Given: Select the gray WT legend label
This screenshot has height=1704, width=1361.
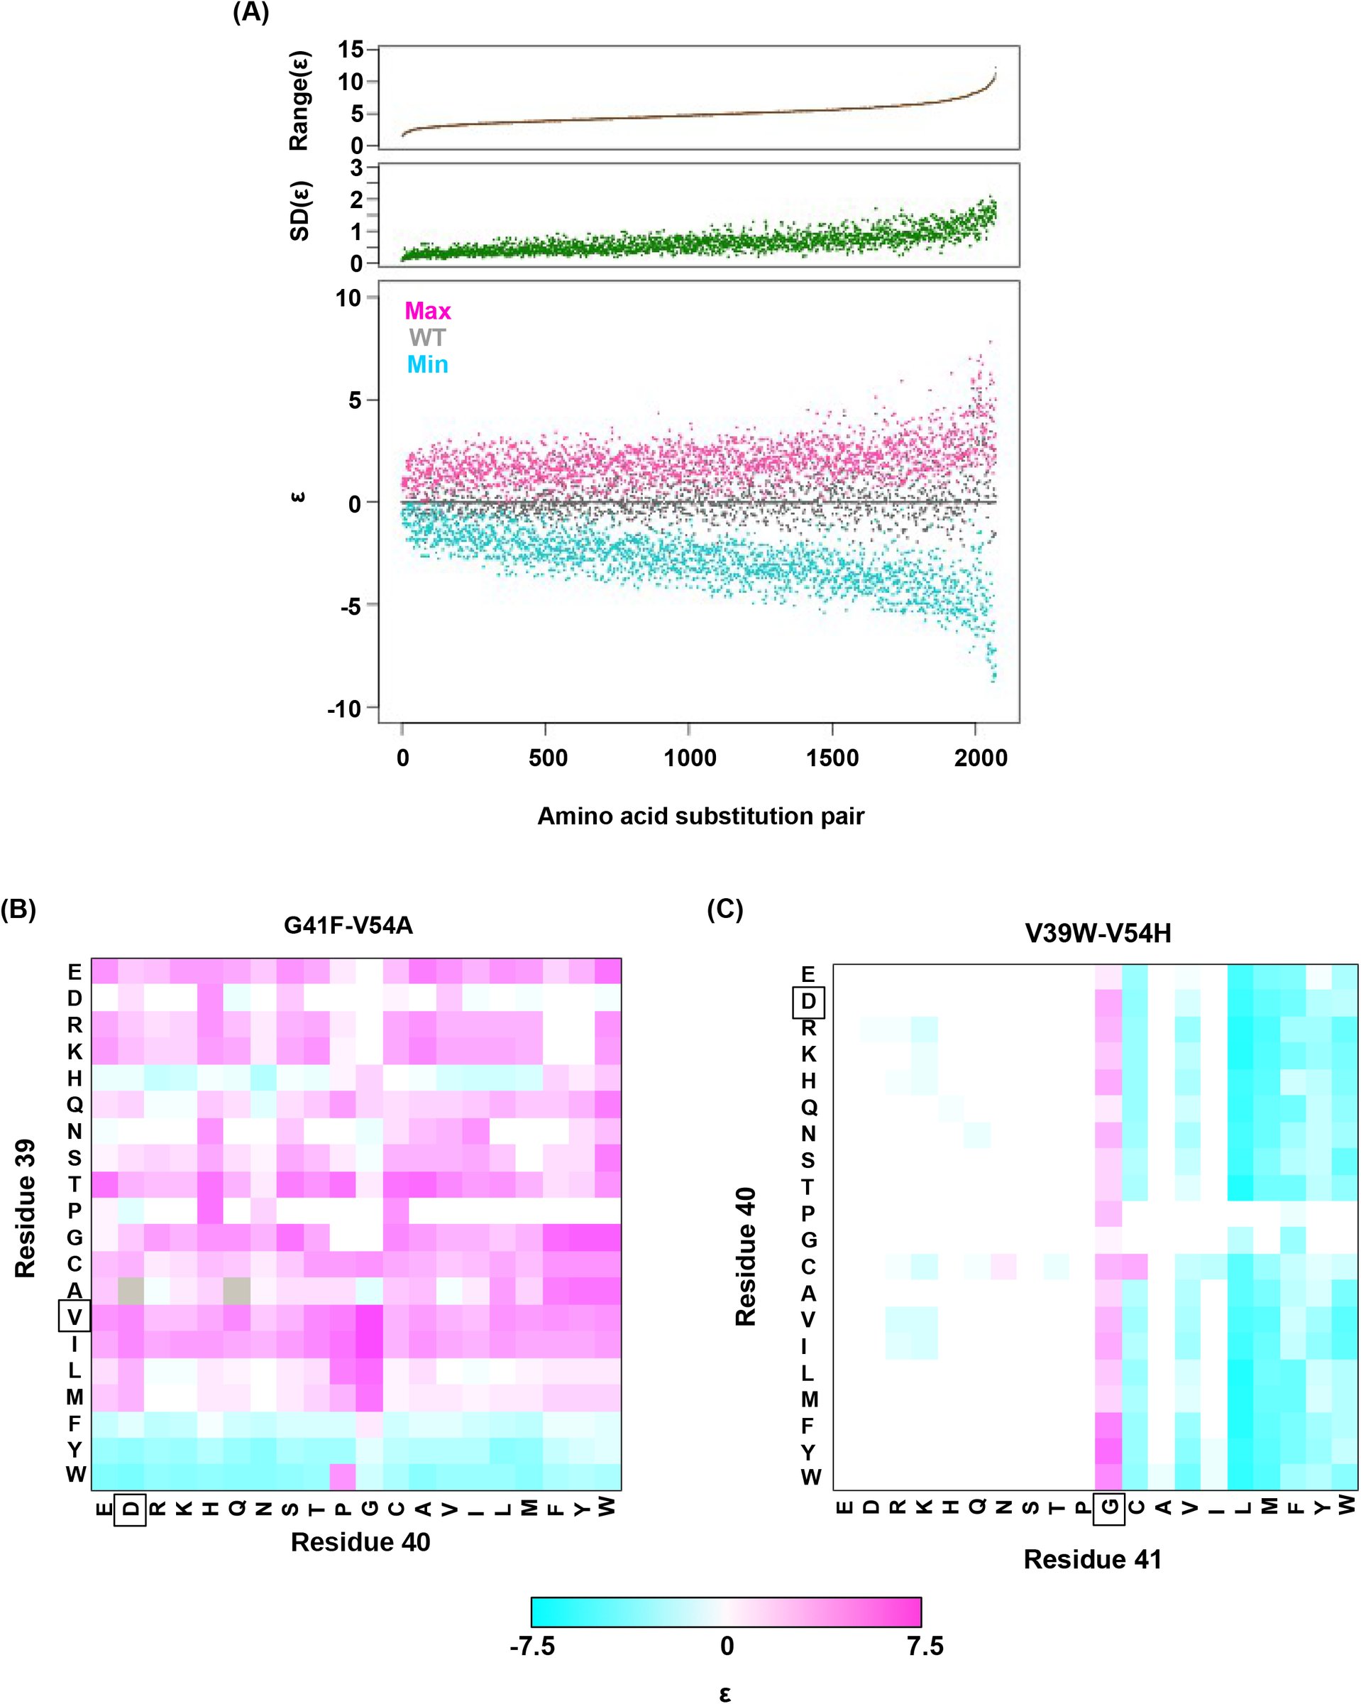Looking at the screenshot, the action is coord(427,337).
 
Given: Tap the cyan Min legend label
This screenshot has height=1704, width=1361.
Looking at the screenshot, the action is coord(427,364).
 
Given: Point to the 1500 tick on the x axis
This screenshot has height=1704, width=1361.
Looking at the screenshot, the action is coord(832,758).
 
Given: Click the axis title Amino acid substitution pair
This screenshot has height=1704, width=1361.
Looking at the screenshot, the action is coord(700,816).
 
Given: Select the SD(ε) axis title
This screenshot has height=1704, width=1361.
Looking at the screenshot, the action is coord(300,211).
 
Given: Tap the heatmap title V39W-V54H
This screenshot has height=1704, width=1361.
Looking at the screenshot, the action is coord(1098,934).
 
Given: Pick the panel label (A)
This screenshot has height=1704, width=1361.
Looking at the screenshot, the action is coord(251,13).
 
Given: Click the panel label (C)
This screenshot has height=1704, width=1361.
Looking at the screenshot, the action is coord(725,909).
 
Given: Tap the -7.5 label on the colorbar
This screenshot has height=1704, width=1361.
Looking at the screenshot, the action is coord(532,1646).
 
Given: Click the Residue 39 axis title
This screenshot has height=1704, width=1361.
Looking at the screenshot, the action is coord(26,1208).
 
